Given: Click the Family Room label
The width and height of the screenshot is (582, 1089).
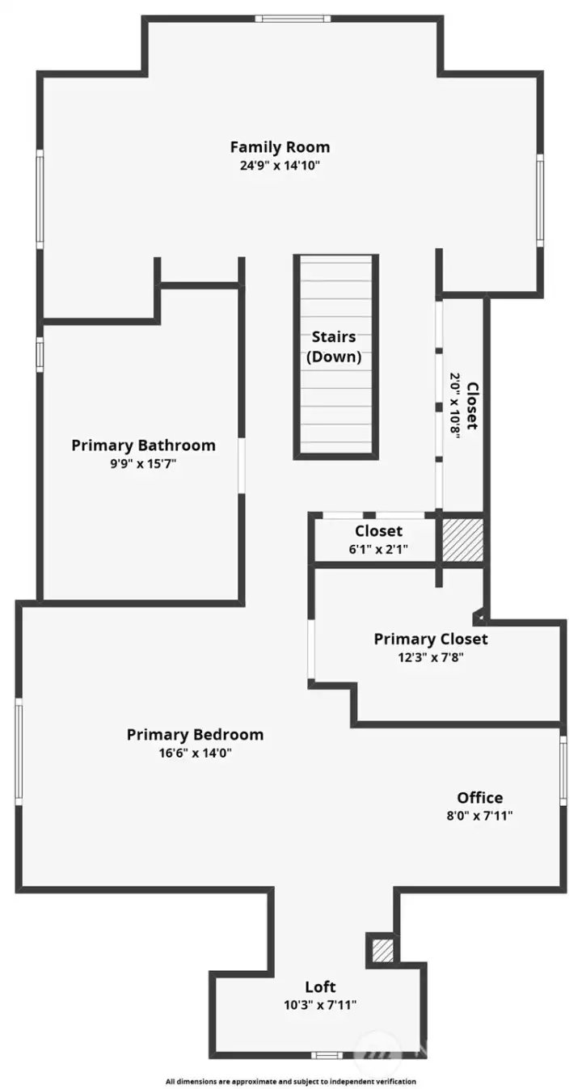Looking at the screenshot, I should (x=280, y=147).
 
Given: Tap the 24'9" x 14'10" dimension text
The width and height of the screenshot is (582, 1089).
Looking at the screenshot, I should (x=280, y=165).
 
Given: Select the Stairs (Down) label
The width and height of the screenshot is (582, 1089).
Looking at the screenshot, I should (x=334, y=347).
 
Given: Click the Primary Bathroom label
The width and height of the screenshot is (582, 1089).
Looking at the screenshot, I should (x=143, y=445).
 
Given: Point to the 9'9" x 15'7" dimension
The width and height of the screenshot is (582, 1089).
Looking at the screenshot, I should (x=143, y=464).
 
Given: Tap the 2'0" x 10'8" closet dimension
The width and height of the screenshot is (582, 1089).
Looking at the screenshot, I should (x=455, y=405).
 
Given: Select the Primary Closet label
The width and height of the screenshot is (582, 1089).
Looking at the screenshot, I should (x=430, y=639).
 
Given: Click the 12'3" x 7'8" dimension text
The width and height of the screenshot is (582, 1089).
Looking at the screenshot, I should (x=430, y=657).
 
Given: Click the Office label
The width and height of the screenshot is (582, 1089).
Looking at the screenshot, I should (x=479, y=798).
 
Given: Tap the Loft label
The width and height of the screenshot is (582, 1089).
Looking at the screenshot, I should (x=320, y=986).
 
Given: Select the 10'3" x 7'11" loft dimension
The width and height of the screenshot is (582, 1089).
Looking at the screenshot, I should (x=320, y=1005).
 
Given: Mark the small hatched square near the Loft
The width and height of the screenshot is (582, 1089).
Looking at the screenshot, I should (x=382, y=950).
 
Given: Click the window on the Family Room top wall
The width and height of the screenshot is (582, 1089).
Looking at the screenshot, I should (x=292, y=19).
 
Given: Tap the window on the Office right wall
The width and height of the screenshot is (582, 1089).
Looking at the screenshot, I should (x=563, y=770).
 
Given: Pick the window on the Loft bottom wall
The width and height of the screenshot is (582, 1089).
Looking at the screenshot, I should (x=327, y=1055).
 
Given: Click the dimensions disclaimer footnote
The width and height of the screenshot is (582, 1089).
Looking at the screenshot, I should (x=291, y=1081).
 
